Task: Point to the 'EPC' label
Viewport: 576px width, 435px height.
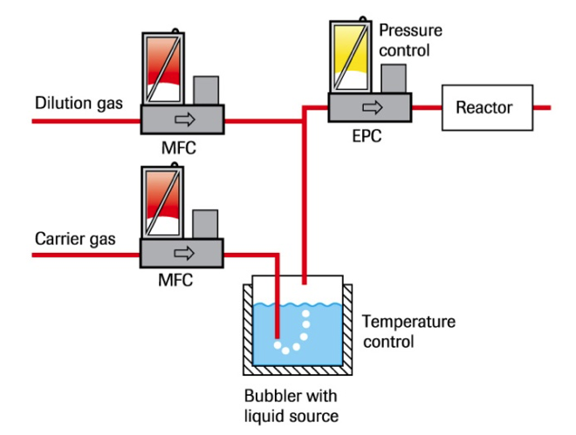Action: [x=367, y=137]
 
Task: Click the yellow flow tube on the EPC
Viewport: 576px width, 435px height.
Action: [x=349, y=57]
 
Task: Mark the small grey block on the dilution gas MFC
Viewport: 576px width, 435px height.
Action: [x=205, y=91]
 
